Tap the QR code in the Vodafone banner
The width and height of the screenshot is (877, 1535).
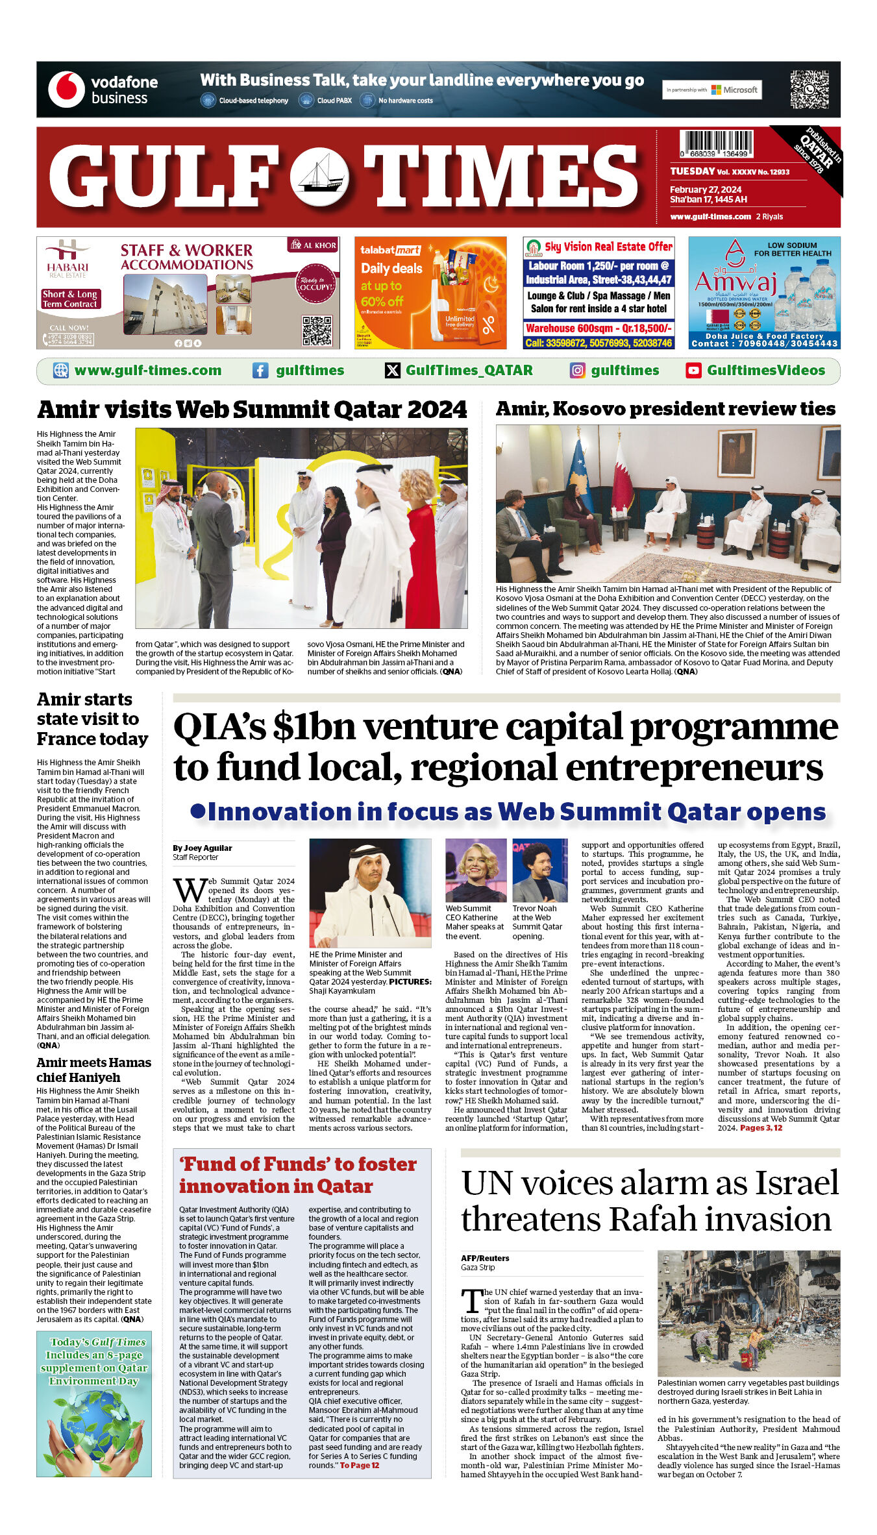pos(809,89)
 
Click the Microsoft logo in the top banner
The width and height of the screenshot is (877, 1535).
pos(717,90)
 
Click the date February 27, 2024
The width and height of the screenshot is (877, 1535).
pos(706,190)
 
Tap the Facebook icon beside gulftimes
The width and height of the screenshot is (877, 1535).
pos(260,371)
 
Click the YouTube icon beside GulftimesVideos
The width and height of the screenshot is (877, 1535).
pos(693,371)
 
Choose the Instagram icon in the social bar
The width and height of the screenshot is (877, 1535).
pos(577,371)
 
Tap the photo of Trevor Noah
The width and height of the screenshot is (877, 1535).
pos(540,870)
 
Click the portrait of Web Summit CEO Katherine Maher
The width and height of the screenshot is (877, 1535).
pos(476,870)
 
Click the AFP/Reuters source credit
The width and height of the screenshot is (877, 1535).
pos(485,1258)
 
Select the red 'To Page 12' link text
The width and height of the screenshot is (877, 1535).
pos(360,1465)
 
